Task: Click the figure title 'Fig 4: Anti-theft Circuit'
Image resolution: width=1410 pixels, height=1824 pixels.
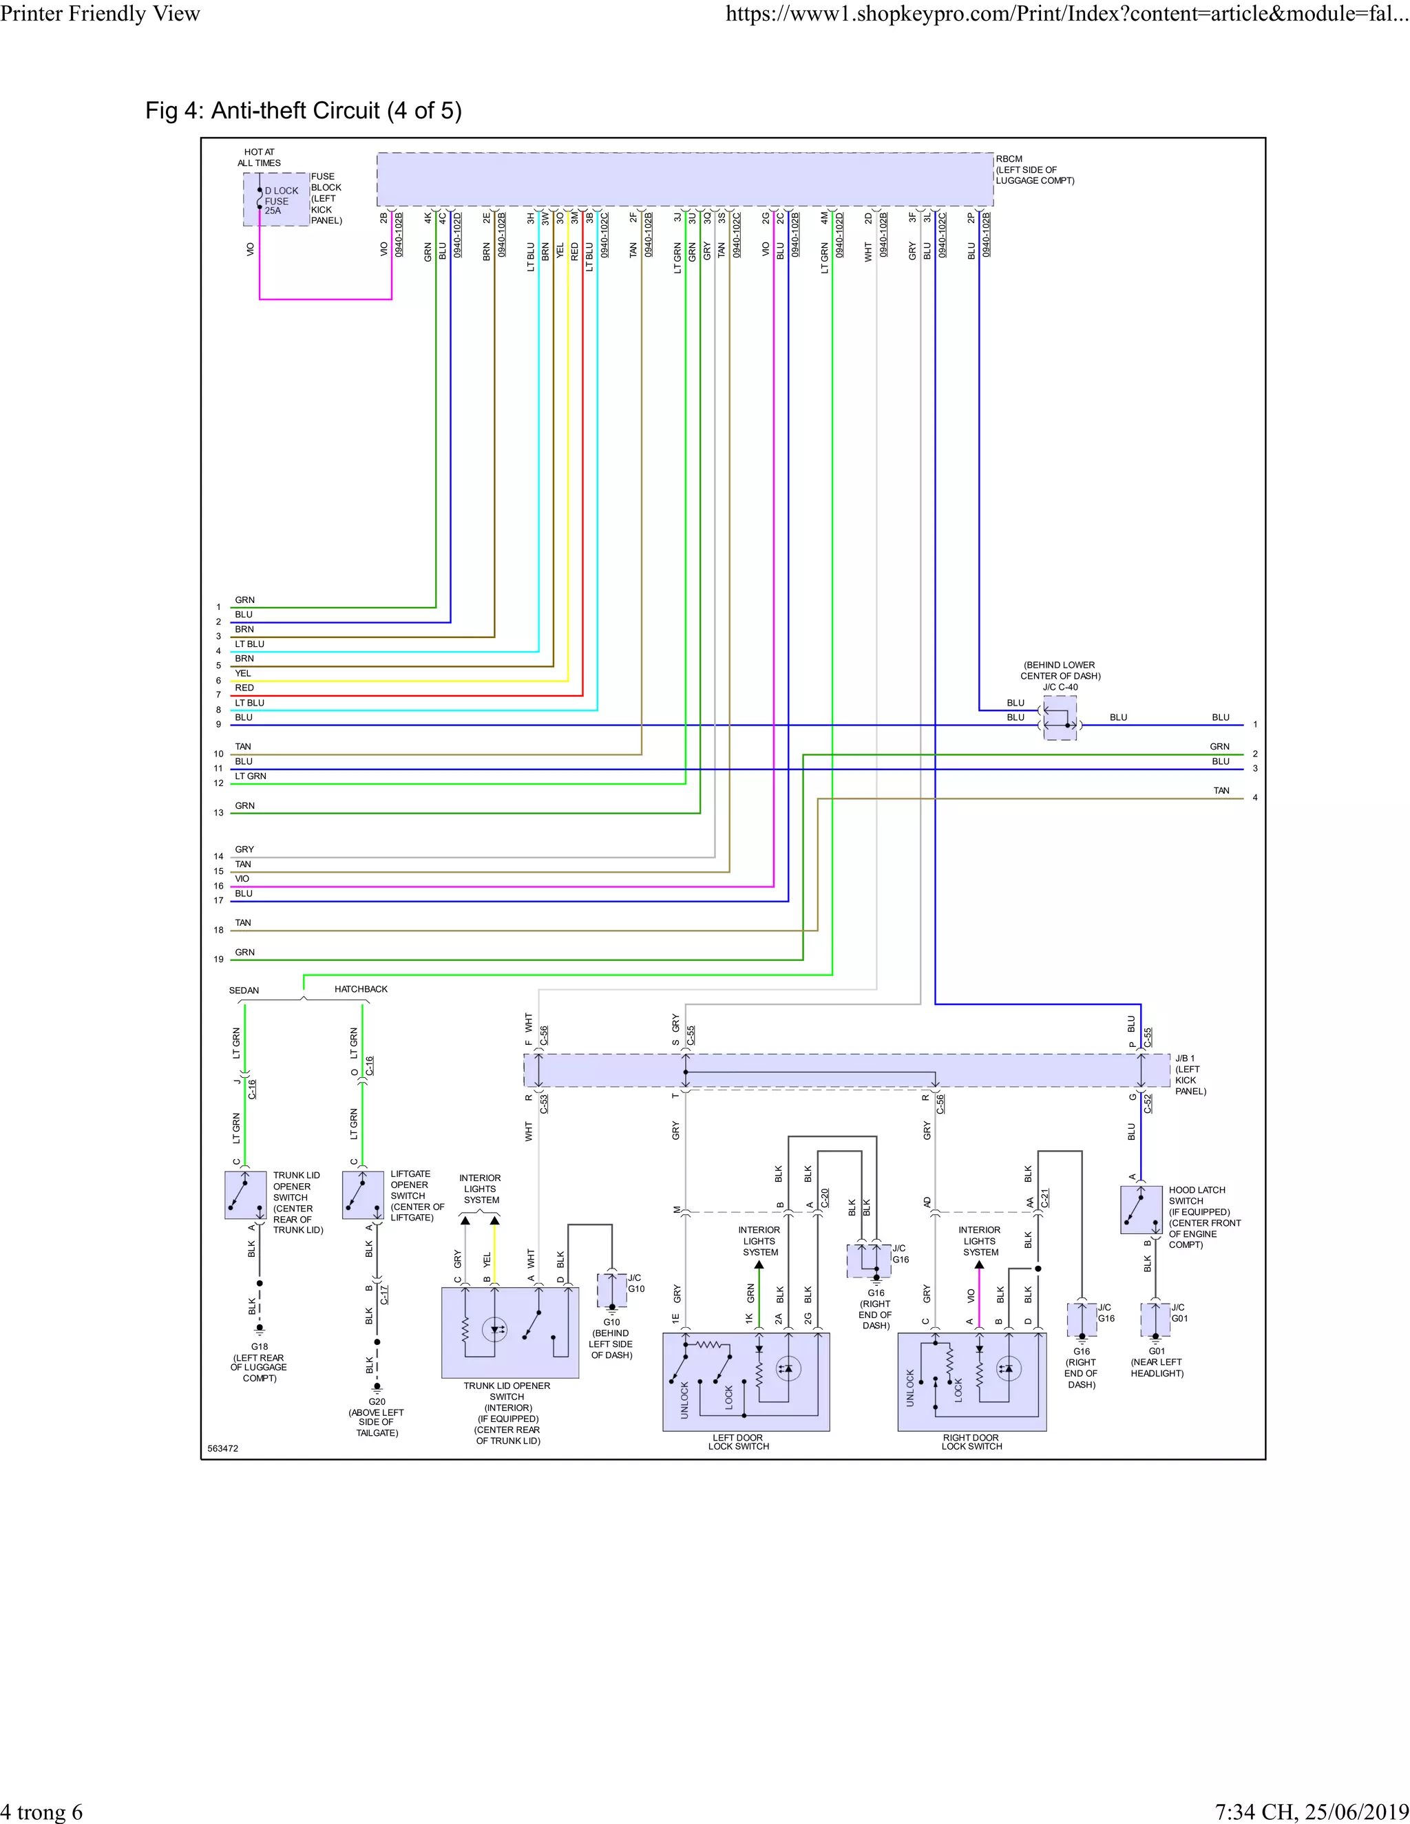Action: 303,110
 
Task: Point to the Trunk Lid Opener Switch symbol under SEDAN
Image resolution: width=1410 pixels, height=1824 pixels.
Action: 244,1194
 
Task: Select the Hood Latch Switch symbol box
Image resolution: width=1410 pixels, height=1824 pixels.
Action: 1141,1209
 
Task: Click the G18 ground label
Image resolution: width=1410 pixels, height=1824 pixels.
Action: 260,1346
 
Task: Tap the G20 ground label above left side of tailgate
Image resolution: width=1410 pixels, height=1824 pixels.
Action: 377,1401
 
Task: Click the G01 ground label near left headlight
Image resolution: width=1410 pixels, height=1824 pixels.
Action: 1156,1350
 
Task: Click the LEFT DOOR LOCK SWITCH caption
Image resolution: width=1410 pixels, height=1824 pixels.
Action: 739,1441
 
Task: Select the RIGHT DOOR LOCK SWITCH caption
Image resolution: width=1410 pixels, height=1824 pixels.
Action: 971,1441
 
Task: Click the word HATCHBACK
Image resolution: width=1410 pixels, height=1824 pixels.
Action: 361,989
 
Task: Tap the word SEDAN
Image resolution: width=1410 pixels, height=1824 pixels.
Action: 244,990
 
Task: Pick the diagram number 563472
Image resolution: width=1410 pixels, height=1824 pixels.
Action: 223,1448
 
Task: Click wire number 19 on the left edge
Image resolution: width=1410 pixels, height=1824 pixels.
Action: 219,959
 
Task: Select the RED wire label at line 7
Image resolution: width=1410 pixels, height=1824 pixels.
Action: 244,688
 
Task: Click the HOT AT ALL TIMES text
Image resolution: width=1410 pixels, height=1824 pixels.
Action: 259,157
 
